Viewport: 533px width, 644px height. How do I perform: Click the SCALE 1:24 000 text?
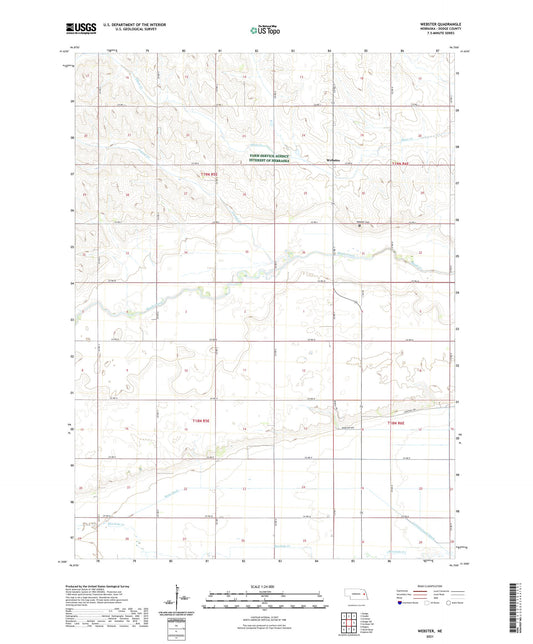pos(266,585)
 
